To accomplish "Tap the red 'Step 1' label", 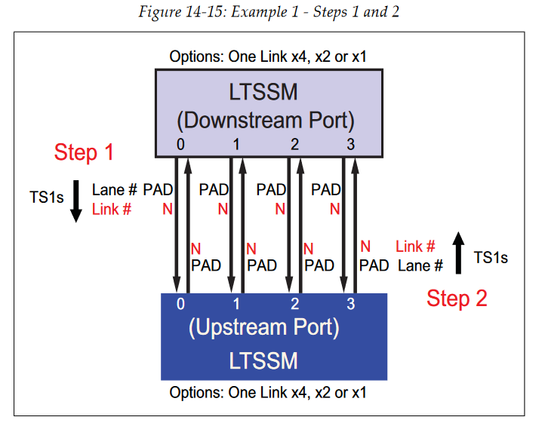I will point(84,152).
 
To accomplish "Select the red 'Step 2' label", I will point(457,298).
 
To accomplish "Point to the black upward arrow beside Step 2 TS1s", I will point(458,253).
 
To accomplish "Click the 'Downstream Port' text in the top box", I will point(265,120).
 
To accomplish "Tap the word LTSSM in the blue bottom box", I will point(263,360).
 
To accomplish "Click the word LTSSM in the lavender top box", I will point(263,93).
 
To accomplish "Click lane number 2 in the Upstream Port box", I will point(294,304).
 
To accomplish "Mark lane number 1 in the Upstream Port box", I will point(237,304).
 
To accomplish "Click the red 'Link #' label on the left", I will point(112,210).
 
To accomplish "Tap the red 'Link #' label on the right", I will point(415,247).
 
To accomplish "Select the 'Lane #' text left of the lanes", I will point(115,191).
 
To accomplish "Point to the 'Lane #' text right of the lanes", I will point(420,265).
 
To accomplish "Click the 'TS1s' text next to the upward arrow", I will point(491,258).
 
